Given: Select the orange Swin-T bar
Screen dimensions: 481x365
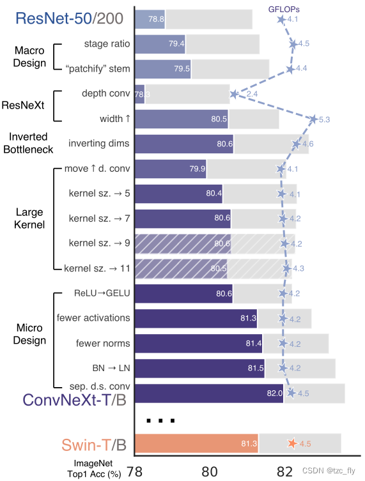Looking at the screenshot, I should (196, 443).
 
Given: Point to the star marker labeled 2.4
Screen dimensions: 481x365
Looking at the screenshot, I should (234, 94).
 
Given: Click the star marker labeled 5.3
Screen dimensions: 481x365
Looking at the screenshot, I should (313, 119).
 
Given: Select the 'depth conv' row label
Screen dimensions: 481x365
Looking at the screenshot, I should (106, 93).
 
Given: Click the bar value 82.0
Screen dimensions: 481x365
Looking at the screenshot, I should (274, 393).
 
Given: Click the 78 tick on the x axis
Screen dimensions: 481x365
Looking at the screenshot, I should (135, 471).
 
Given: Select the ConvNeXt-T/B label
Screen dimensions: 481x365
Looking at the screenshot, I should (74, 399).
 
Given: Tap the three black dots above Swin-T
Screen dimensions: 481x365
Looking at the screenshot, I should (160, 420).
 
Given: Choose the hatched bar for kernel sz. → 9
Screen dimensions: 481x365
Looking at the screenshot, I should (183, 243).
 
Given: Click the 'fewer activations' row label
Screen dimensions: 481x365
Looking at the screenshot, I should (93, 317).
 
